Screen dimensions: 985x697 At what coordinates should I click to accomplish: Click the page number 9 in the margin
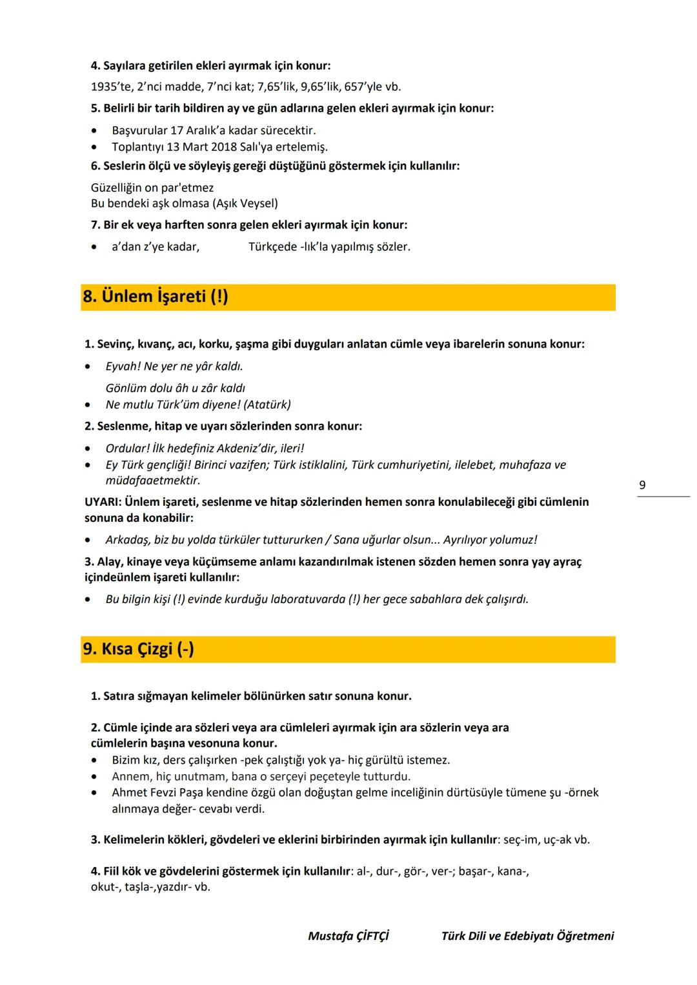(641, 485)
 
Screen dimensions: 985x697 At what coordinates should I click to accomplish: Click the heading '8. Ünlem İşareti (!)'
(156, 297)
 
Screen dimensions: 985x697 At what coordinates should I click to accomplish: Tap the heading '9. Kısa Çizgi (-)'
(138, 649)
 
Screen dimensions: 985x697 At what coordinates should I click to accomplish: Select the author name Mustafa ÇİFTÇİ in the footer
(348, 935)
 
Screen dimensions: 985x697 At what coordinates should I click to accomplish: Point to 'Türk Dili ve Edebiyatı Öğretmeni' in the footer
(527, 935)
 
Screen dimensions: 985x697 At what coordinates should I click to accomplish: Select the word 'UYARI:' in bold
(103, 502)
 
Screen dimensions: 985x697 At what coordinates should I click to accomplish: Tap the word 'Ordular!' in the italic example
(127, 448)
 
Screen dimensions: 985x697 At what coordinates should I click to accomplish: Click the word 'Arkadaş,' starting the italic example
(127, 540)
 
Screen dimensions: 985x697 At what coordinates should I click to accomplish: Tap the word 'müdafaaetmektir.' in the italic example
(153, 481)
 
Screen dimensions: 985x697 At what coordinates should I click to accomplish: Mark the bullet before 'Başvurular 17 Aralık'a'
(95, 131)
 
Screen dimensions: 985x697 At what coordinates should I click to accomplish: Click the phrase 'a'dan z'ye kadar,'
(156, 246)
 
